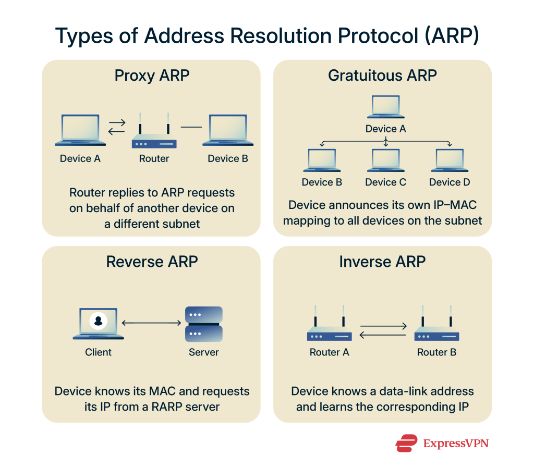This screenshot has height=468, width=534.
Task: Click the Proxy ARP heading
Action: pyautogui.click(x=152, y=76)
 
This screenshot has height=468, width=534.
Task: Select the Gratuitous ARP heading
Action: pyautogui.click(x=382, y=76)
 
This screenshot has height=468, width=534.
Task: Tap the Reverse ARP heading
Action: pyautogui.click(x=152, y=261)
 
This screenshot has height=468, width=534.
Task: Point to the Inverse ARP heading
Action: pyautogui.click(x=382, y=261)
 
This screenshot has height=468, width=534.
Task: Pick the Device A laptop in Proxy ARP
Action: pyautogui.click(x=80, y=130)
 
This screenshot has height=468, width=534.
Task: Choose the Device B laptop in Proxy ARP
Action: pyautogui.click(x=228, y=130)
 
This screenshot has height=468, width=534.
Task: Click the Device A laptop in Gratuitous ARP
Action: pyautogui.click(x=385, y=107)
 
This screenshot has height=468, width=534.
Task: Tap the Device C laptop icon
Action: pyautogui.click(x=385, y=161)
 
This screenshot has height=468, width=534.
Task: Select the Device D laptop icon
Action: pyautogui.click(x=449, y=161)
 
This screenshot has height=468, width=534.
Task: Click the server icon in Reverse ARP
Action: pyautogui.click(x=204, y=324)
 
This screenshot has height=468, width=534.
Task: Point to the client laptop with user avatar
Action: pyautogui.click(x=98, y=324)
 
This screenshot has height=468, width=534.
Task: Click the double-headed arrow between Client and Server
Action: pyautogui.click(x=151, y=324)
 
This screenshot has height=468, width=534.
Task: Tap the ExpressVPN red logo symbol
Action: pyautogui.click(x=406, y=443)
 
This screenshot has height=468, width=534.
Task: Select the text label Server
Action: pyautogui.click(x=204, y=352)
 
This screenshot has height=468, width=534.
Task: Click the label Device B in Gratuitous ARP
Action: pyautogui.click(x=322, y=182)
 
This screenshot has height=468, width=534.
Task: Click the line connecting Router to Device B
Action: pyautogui.click(x=191, y=127)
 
